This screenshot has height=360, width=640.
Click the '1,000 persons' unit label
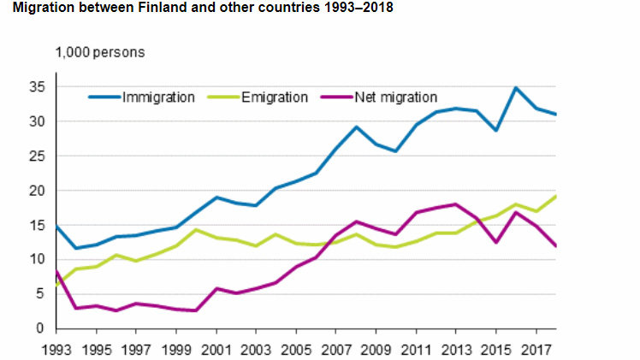click(x=100, y=52)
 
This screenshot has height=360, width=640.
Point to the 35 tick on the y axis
click(x=36, y=87)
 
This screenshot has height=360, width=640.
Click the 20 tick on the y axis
click(x=36, y=191)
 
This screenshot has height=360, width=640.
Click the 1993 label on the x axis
click(x=56, y=349)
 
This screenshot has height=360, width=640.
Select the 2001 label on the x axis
click(x=216, y=349)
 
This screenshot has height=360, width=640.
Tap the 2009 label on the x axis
click(x=376, y=349)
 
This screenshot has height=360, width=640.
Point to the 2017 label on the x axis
click(x=536, y=349)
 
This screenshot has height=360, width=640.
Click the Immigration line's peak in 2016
click(x=515, y=87)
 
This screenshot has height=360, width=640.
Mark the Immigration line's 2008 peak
click(x=356, y=127)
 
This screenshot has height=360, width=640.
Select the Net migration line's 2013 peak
click(x=455, y=204)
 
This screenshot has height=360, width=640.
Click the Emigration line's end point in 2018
click(x=555, y=196)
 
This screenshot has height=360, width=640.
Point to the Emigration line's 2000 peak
click(x=196, y=229)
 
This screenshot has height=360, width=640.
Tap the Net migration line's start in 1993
click(x=56, y=271)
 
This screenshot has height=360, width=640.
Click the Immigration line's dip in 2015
click(x=495, y=130)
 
